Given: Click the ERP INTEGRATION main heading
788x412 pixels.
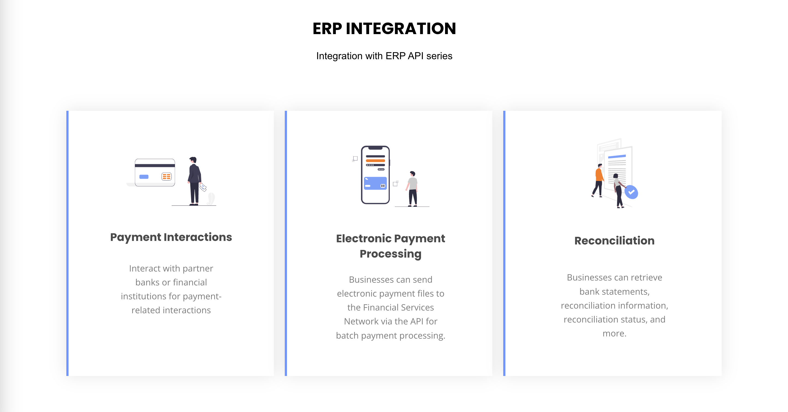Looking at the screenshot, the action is [384, 28].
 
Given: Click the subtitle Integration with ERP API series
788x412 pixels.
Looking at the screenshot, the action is [384, 56].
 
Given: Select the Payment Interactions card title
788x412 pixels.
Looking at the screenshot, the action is [171, 237].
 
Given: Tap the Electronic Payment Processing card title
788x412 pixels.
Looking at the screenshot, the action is [391, 246].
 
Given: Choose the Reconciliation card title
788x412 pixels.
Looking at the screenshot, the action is [615, 241].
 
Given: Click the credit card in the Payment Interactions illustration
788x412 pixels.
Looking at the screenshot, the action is [155, 172].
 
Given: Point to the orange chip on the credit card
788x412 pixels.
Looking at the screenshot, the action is [166, 177].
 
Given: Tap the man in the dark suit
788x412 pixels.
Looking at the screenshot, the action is [195, 181].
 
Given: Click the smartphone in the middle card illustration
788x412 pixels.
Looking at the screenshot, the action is [375, 175].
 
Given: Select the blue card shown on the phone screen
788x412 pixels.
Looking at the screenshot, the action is [375, 183].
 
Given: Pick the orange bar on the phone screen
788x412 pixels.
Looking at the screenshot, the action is [375, 160].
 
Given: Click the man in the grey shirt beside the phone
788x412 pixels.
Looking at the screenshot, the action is [412, 189].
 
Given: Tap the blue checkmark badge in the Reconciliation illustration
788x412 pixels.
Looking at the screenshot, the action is [631, 192].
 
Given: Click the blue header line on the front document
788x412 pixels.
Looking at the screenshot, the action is [617, 157].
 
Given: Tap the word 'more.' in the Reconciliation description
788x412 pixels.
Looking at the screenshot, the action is [615, 333].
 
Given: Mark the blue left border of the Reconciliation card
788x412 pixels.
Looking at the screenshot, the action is [504, 243].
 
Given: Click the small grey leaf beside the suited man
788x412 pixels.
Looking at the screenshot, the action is [211, 199].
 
